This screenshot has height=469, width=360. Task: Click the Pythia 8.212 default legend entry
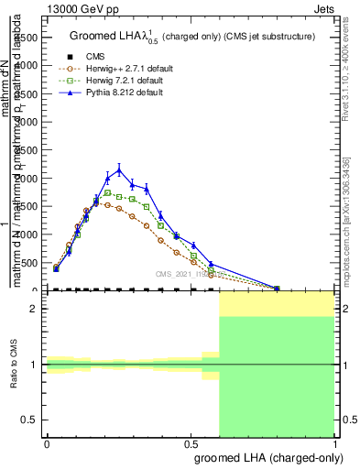click(125, 93)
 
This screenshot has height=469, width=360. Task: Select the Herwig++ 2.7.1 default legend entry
click(125, 69)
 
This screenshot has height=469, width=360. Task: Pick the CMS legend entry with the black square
click(95, 57)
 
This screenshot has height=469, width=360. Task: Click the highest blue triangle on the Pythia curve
click(119, 169)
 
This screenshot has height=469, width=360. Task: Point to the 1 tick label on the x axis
click(335, 442)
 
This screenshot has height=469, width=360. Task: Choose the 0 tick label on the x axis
click(47, 442)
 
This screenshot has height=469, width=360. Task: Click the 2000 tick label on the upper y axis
click(25, 178)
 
